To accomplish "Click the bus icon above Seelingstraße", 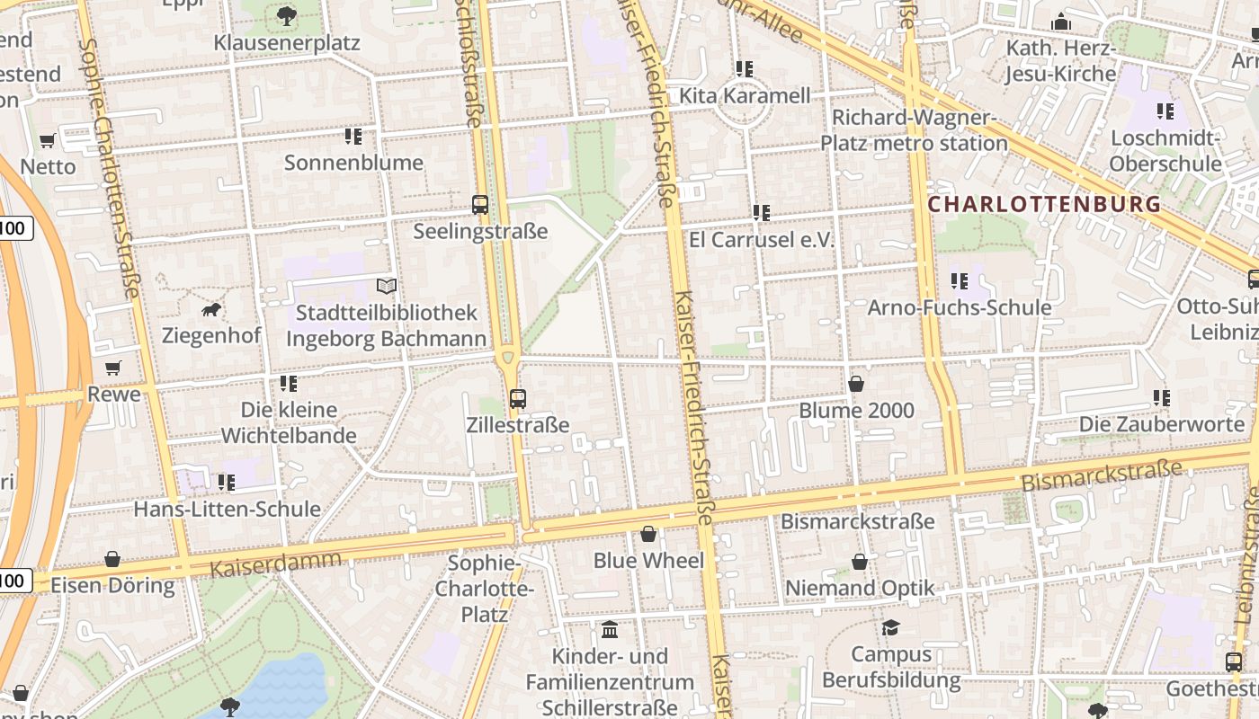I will (x=480, y=205).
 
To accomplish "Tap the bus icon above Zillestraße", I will (x=517, y=398).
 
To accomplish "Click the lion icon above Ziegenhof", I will (x=212, y=310).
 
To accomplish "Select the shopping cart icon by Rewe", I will (x=112, y=368).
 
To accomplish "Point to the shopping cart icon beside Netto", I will (x=48, y=140).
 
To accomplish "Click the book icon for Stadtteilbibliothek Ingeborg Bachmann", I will (x=387, y=287).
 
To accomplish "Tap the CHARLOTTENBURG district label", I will (x=1044, y=205).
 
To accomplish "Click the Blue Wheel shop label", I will (x=647, y=561).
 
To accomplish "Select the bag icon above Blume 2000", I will (x=856, y=385).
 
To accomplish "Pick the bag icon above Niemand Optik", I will (x=860, y=563).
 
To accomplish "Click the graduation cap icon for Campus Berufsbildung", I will (x=890, y=627).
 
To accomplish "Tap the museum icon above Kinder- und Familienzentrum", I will (x=610, y=629).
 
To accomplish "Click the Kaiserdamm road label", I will (x=275, y=564).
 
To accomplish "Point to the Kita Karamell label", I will (x=745, y=95).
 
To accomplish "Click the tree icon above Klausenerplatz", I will (x=287, y=15).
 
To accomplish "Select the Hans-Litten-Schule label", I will (x=227, y=509).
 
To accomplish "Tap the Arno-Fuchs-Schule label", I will (x=959, y=307).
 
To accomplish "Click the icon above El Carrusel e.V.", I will (x=762, y=213).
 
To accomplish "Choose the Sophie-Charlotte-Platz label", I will (x=485, y=589).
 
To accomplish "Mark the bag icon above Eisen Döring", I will (x=112, y=559).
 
